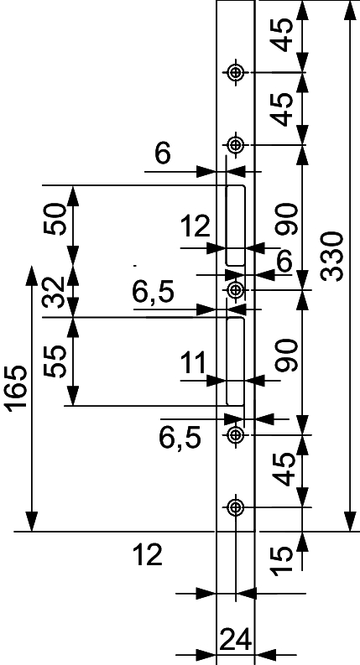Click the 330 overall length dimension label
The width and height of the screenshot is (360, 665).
click(x=331, y=256)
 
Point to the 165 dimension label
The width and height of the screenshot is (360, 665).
click(x=16, y=387)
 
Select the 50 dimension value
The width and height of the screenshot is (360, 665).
click(x=55, y=219)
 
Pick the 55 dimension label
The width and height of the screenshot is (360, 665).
click(x=55, y=361)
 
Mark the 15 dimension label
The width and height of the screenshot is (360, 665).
click(x=283, y=560)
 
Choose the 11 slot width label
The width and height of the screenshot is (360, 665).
click(x=192, y=363)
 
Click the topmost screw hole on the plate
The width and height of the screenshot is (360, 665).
click(x=236, y=72)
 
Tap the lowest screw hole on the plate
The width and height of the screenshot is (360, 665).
click(x=236, y=507)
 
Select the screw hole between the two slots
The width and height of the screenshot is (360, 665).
click(x=236, y=290)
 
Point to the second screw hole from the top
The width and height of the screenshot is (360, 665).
click(x=236, y=145)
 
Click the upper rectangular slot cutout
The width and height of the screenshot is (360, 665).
click(x=235, y=226)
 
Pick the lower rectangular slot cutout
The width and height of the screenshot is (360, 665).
click(x=235, y=361)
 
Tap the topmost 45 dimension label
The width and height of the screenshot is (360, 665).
click(x=283, y=34)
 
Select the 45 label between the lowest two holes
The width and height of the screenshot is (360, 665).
click(x=283, y=470)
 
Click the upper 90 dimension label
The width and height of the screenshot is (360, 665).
click(x=285, y=219)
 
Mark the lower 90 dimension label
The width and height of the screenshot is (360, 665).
click(x=285, y=355)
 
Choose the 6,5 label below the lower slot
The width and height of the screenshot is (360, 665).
click(x=180, y=439)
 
